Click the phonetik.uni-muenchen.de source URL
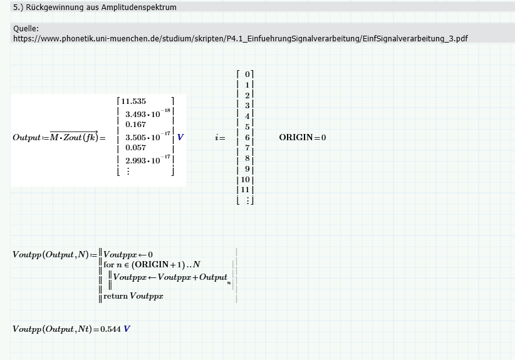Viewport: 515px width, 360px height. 240,38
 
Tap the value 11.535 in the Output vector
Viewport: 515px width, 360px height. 133,101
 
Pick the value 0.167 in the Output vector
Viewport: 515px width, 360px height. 136,125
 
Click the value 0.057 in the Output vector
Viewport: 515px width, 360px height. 136,148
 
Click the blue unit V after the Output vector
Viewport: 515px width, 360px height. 180,137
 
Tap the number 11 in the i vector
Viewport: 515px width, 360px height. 246,190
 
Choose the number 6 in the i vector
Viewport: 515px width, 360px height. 247,137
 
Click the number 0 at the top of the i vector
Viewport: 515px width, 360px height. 247,74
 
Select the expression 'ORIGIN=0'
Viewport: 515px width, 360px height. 303,138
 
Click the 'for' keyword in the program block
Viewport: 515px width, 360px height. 109,265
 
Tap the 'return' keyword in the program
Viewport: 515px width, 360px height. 115,296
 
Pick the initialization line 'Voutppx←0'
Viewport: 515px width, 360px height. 128,254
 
